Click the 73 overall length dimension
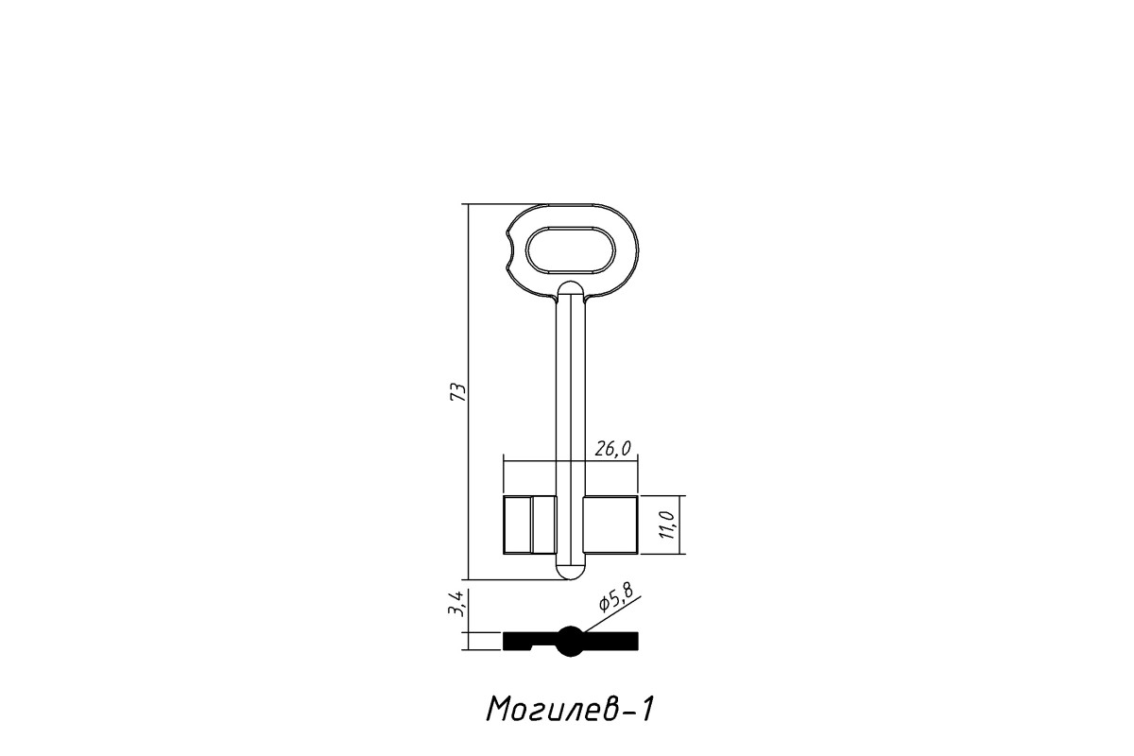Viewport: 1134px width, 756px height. [458, 392]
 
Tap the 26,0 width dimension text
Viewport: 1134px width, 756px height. [613, 449]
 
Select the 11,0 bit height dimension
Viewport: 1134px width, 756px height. [668, 525]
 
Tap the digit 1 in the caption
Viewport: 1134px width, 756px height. [647, 710]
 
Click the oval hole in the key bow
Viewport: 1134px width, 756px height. [570, 251]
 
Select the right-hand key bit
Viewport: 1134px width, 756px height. [611, 524]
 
